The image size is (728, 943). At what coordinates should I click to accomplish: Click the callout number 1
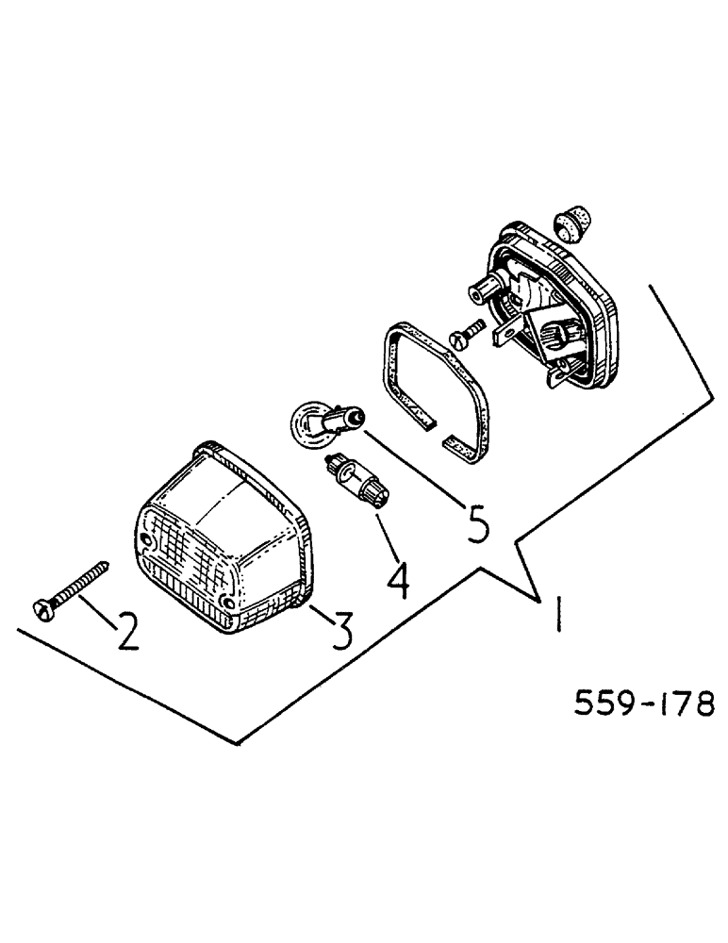pos(559,617)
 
